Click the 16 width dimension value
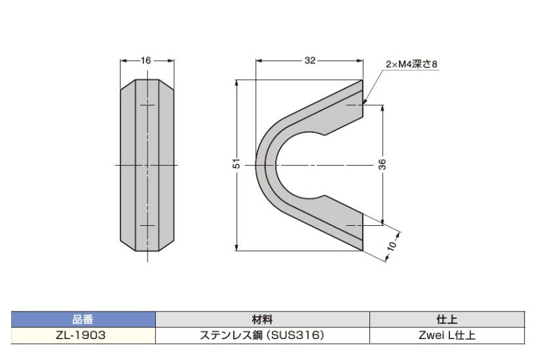[146, 60]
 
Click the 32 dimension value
[310, 60]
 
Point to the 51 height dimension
[236, 163]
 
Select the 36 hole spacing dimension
[382, 164]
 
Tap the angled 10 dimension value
[392, 245]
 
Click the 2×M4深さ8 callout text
[411, 64]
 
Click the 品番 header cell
[83, 319]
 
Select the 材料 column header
[262, 319]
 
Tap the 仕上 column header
[447, 319]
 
